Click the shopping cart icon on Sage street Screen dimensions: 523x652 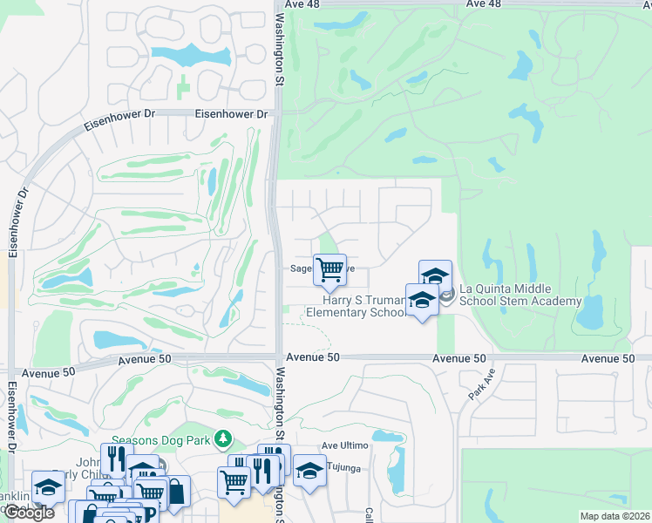(x=329, y=269)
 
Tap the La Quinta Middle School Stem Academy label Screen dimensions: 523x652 (x=520, y=295)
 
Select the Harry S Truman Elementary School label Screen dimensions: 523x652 (x=356, y=307)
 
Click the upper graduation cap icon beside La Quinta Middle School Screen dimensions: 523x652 (x=435, y=275)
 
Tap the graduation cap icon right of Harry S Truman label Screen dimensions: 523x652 (x=422, y=299)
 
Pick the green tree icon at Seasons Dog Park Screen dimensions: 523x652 (x=225, y=438)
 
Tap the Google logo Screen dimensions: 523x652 (x=28, y=513)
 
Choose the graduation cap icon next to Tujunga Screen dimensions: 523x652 (x=309, y=470)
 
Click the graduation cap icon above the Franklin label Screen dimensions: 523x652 (x=48, y=486)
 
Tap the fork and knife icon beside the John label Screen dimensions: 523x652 (x=113, y=458)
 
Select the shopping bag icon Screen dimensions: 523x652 (x=175, y=491)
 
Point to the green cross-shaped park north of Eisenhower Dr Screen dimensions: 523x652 (x=182, y=88)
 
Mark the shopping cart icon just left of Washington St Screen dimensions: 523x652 (x=234, y=479)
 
